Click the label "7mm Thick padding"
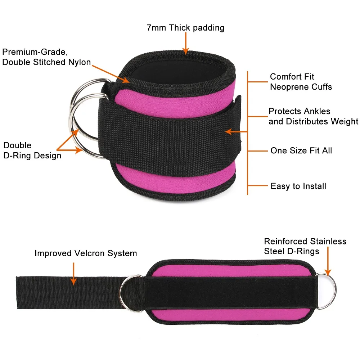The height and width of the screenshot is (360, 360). [185, 28]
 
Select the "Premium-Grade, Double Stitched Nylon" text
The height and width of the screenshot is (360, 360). [46, 57]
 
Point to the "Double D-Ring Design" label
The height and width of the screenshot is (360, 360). [32, 150]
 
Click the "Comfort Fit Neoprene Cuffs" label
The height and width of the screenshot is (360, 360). [301, 82]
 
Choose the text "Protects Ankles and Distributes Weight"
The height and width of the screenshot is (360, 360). [313, 116]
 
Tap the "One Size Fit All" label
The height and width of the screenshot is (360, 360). [301, 150]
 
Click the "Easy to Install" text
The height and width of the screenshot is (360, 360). [298, 186]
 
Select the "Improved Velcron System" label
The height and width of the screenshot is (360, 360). [86, 253]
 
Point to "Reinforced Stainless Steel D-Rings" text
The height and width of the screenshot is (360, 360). [305, 246]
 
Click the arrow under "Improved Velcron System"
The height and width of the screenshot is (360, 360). [73, 274]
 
